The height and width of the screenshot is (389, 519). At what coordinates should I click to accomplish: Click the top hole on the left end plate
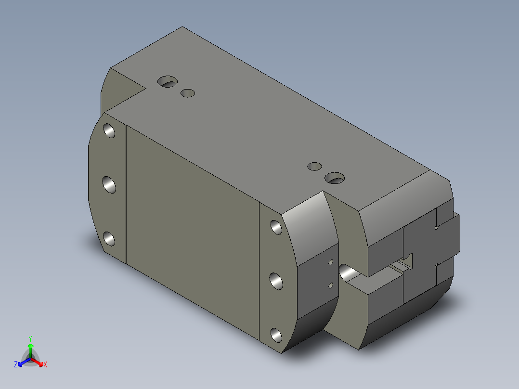[x=109, y=130]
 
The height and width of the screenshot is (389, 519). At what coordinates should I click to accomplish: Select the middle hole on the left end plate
[x=109, y=185]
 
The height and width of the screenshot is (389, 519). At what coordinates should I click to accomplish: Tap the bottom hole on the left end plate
[x=109, y=239]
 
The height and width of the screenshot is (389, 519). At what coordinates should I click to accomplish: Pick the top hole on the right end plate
[x=276, y=227]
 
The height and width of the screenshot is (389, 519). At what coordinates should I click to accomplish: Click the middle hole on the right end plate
[x=276, y=282]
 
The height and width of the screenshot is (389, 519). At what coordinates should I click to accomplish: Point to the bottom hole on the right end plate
[x=276, y=335]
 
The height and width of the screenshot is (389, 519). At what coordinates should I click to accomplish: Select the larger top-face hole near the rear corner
[x=168, y=81]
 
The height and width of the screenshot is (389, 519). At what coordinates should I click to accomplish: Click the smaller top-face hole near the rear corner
[x=188, y=93]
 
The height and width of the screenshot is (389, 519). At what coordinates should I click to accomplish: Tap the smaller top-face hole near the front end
[x=314, y=166]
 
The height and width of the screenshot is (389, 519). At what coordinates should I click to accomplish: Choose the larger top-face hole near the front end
[x=335, y=178]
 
